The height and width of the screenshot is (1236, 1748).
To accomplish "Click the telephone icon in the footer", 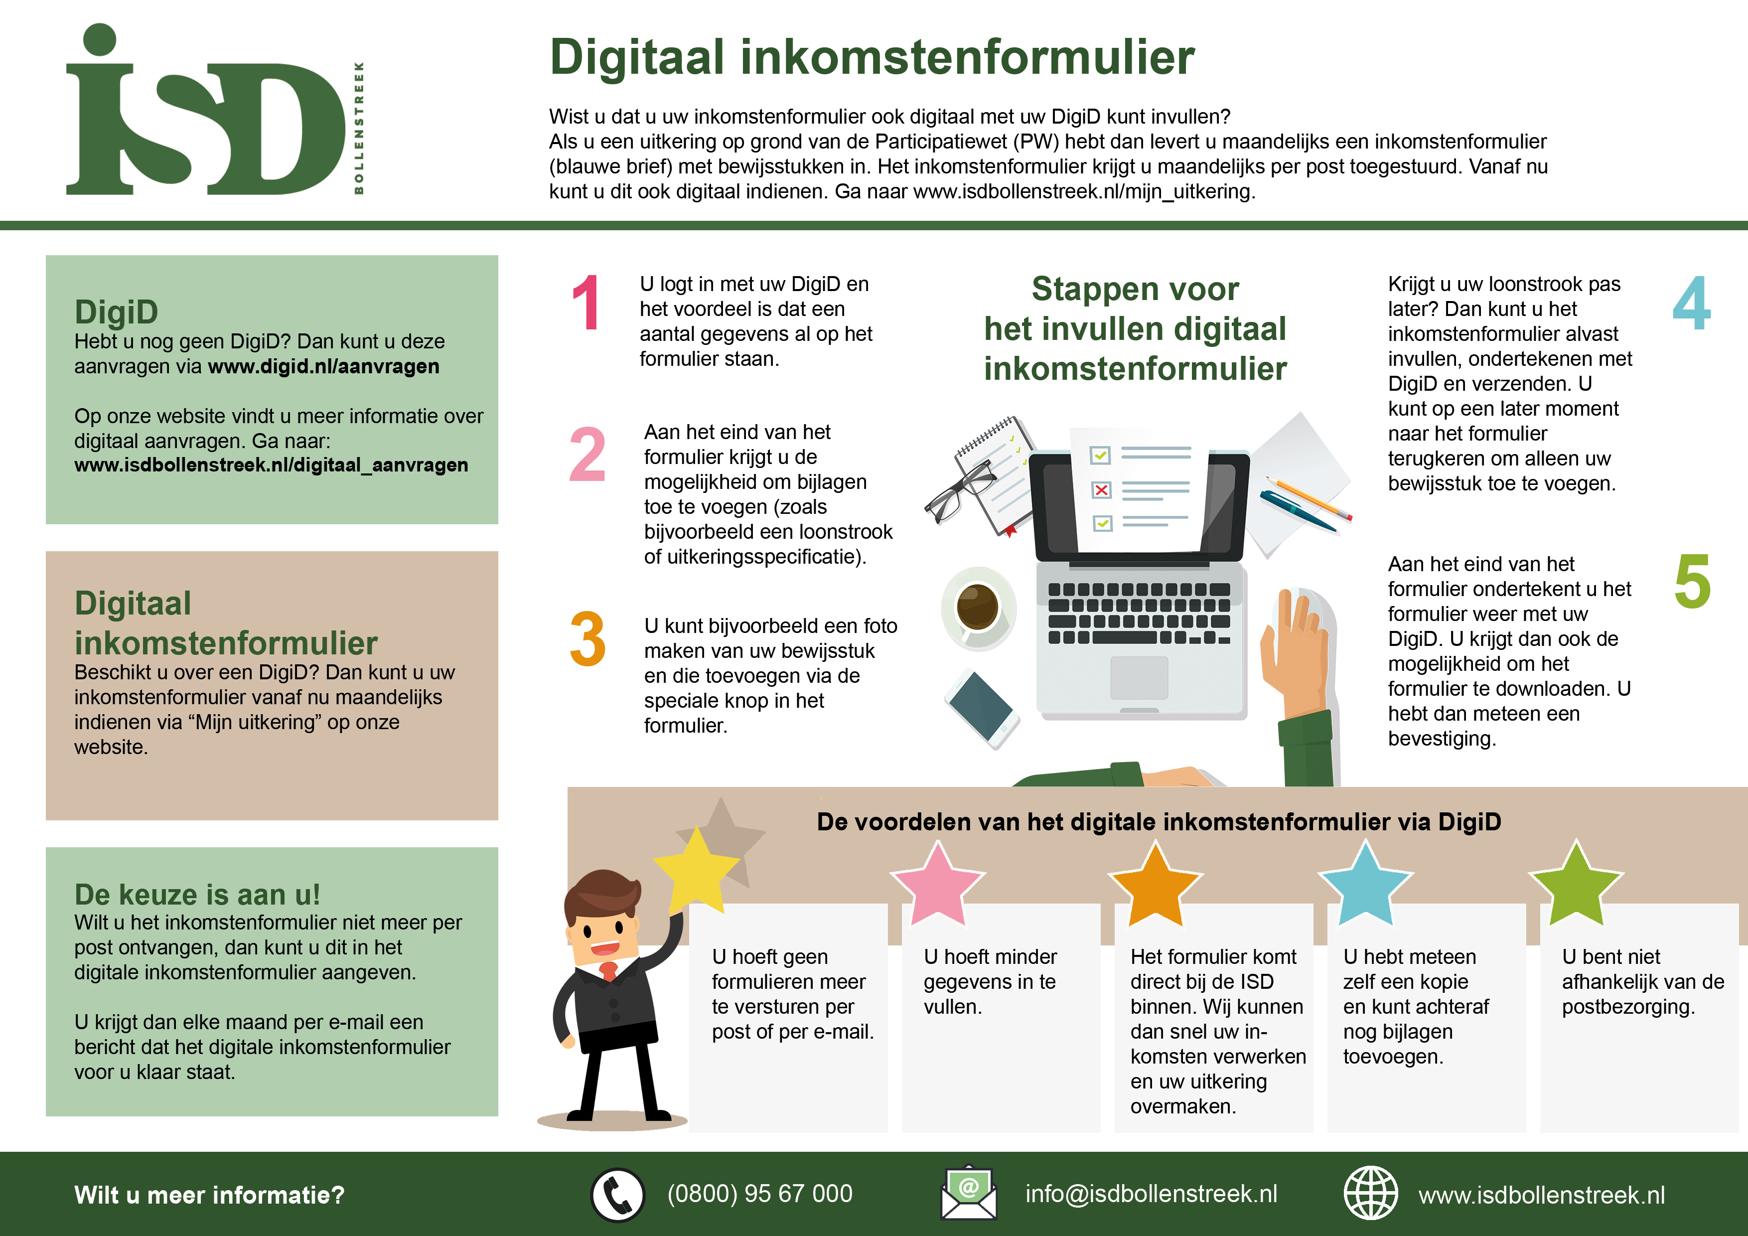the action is click(x=617, y=1194).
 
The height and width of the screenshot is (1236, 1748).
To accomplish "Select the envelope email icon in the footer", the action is click(x=968, y=1193).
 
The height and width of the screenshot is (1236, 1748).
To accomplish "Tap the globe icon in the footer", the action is click(x=1370, y=1193).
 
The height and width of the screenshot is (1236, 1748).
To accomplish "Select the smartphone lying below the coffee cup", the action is click(x=982, y=708).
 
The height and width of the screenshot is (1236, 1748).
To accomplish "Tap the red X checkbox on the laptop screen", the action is click(x=1101, y=490).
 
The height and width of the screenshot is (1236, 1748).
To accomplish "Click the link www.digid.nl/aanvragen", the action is click(x=323, y=366).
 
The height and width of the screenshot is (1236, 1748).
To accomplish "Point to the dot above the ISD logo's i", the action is click(x=100, y=39).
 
